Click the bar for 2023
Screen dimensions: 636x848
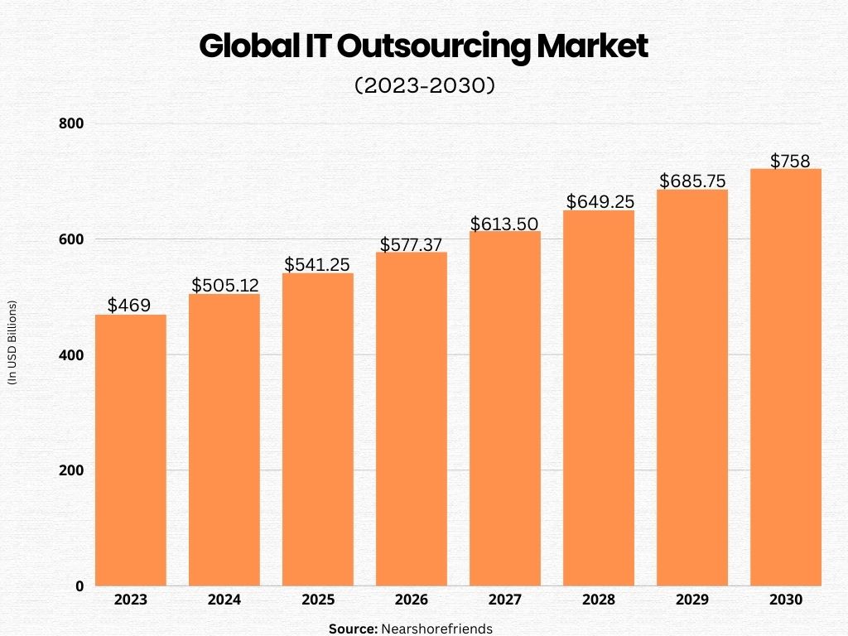point(131,450)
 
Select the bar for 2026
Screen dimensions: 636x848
point(412,419)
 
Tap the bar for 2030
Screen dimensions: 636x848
point(785,378)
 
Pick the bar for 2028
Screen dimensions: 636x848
point(599,398)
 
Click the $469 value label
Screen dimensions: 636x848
point(129,306)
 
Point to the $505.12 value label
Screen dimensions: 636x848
point(225,286)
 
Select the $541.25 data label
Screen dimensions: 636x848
point(319,264)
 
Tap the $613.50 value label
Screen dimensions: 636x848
point(505,224)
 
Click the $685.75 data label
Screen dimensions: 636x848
point(692,181)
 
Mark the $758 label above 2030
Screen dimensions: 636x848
point(790,161)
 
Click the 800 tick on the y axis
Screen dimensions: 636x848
point(73,123)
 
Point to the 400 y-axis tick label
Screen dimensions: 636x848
point(73,355)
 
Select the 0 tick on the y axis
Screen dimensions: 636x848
point(79,586)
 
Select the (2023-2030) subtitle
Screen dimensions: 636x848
point(424,86)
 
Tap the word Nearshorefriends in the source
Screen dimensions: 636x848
point(436,629)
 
